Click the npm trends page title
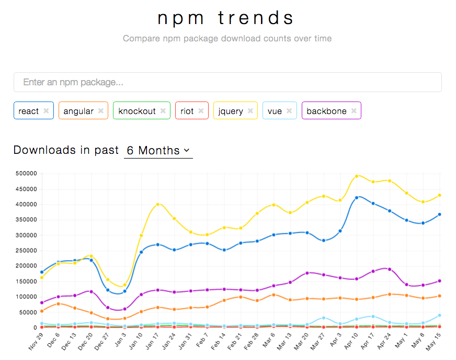tap(227, 18)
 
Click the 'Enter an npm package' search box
tap(227, 82)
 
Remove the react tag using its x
tap(46, 111)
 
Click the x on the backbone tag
tap(354, 111)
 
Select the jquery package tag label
tap(230, 111)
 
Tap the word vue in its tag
tap(275, 111)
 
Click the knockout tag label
tap(136, 111)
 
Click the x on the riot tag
tap(201, 111)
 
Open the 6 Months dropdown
tap(158, 151)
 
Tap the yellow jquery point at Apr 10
tap(357, 176)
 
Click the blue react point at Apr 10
tap(357, 198)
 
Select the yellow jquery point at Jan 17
tap(158, 205)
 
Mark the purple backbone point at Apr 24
tap(390, 269)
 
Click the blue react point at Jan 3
tap(124, 291)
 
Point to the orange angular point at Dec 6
tap(59, 303)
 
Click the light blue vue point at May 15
tap(439, 315)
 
